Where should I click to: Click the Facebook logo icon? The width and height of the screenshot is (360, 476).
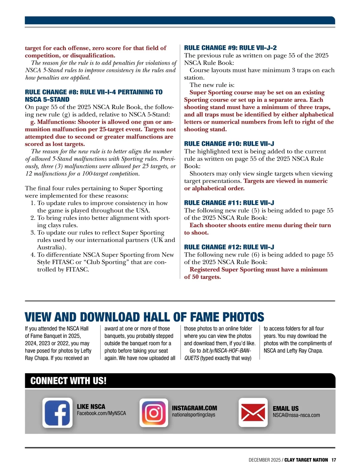point(57,412)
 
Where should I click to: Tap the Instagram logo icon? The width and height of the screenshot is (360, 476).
point(154,413)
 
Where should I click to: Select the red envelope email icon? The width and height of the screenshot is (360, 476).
point(253,412)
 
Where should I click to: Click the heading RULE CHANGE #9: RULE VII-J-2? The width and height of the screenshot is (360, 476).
point(230,48)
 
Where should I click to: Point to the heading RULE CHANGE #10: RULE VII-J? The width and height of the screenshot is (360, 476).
point(229,144)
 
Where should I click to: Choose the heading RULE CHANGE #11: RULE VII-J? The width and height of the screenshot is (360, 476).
point(229,203)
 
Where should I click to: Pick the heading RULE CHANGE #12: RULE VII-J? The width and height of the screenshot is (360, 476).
point(229,247)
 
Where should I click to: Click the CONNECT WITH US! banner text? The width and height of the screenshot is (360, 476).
point(68,381)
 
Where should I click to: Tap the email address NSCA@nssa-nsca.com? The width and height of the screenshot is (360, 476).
point(296,415)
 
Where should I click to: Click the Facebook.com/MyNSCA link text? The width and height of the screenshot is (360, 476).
point(101,413)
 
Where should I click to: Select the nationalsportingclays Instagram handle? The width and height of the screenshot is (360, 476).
point(193,415)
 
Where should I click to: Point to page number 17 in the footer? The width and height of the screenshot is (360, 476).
point(334,460)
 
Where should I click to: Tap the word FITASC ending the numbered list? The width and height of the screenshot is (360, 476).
point(77,269)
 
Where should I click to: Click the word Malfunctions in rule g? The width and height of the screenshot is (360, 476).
point(56,122)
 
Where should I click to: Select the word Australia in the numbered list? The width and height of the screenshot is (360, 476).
point(51,247)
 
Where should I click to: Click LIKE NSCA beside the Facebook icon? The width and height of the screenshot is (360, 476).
point(91,407)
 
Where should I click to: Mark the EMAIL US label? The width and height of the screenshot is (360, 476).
point(286,409)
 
